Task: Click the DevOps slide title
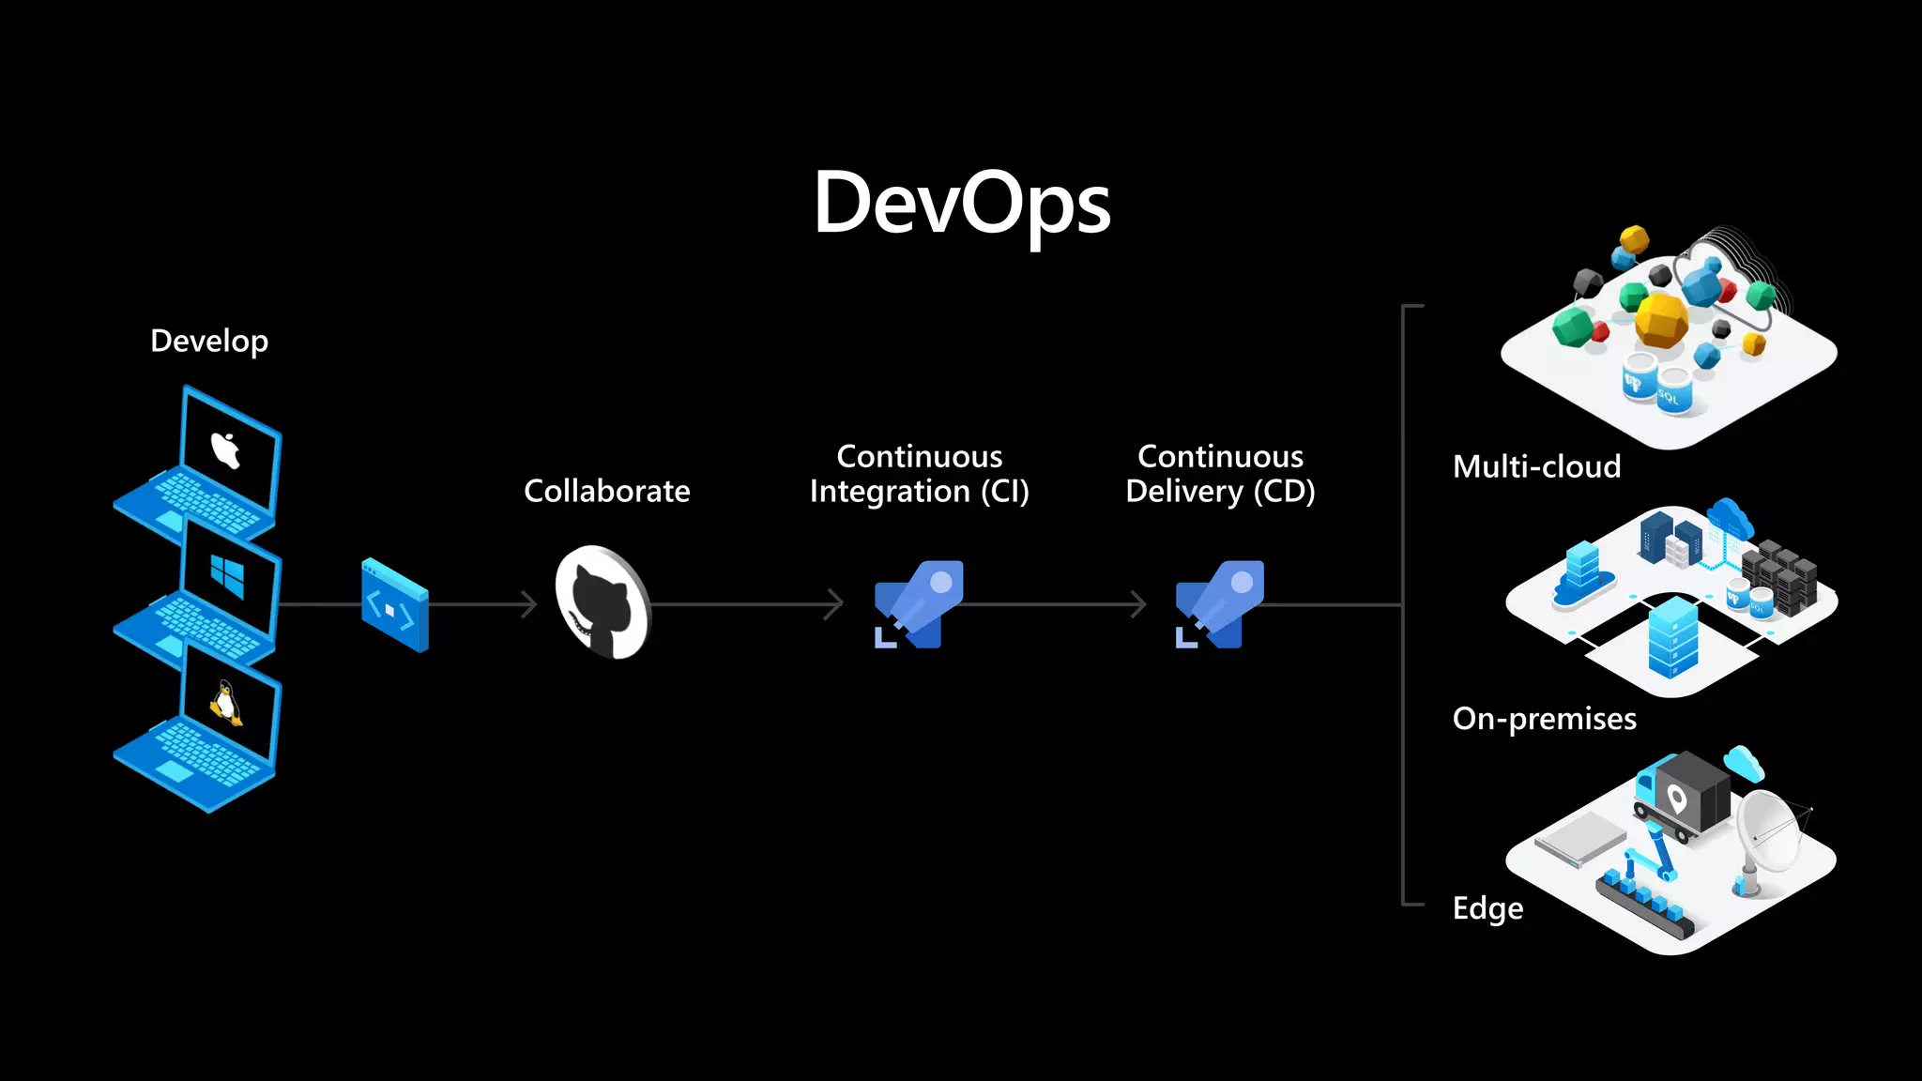click(962, 204)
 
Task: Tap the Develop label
click(209, 341)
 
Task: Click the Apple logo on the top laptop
click(226, 450)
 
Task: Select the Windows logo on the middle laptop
click(227, 574)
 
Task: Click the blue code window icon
click(395, 606)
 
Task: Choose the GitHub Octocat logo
click(602, 603)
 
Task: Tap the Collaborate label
click(606, 491)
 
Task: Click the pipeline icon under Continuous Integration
click(919, 604)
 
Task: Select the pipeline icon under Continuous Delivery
click(1219, 604)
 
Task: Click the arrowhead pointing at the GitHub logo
click(530, 604)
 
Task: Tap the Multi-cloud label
click(1536, 466)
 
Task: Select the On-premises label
click(1544, 719)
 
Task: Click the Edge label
click(1487, 908)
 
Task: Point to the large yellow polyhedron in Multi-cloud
click(1661, 319)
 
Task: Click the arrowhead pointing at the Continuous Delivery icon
click(1138, 604)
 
